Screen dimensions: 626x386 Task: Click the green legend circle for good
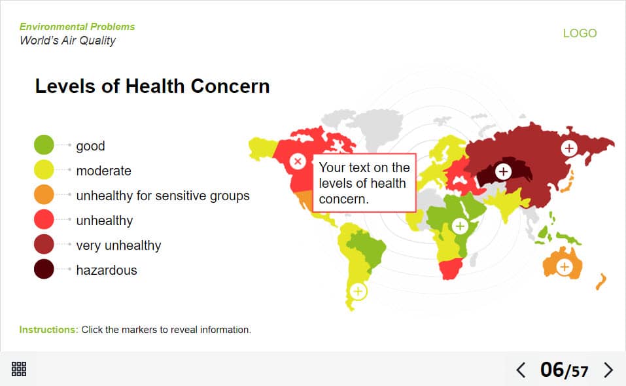click(44, 145)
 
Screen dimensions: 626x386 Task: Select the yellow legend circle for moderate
click(44, 169)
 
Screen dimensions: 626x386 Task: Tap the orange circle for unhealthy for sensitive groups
click(44, 195)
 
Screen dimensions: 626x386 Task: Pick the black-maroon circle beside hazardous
click(44, 269)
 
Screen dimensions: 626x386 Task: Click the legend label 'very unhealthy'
click(118, 245)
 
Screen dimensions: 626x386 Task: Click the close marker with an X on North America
click(298, 161)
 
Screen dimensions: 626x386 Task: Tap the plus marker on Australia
click(565, 266)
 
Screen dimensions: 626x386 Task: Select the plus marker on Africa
click(460, 226)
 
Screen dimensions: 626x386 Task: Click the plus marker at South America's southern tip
click(358, 291)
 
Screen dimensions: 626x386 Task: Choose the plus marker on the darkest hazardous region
click(504, 171)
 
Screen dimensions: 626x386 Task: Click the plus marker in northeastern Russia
click(569, 148)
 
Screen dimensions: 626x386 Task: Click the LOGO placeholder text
click(580, 33)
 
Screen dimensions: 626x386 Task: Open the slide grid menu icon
click(19, 369)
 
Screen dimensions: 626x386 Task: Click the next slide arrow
click(608, 370)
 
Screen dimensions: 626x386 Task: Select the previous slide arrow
click(521, 370)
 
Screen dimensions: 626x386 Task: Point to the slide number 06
click(551, 370)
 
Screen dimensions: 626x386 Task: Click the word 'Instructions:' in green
click(48, 330)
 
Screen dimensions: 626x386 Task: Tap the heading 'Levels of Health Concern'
click(152, 86)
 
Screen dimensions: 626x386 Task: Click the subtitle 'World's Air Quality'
click(67, 41)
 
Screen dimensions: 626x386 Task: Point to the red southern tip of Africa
click(450, 268)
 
